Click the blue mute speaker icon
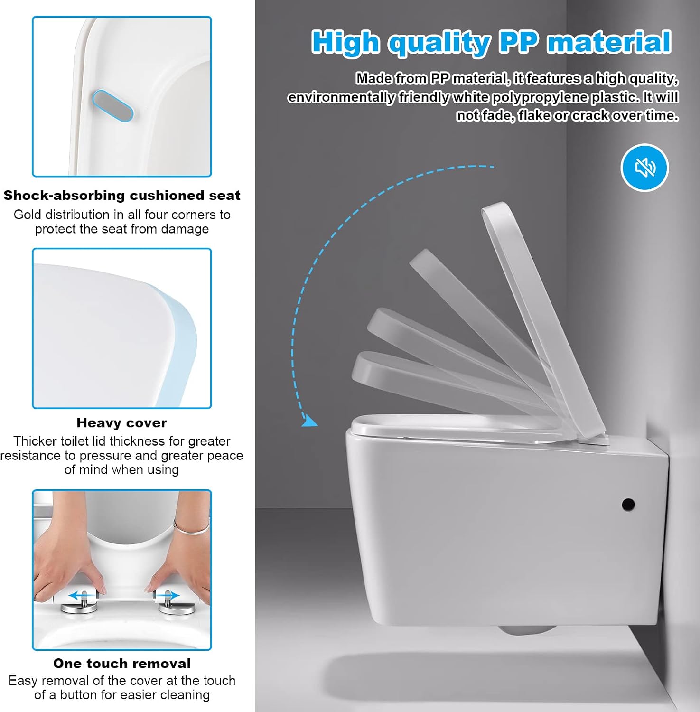644,168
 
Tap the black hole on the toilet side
628,504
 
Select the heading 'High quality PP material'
491,42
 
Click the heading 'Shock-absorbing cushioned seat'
122,196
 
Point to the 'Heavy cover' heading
122,423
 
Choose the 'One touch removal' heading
122,664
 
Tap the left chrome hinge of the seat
79,605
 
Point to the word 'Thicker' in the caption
35,441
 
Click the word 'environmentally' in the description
341,97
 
